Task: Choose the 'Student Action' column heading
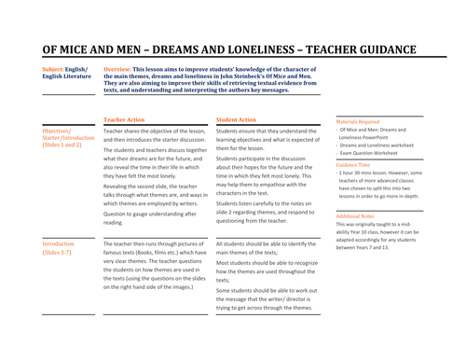point(236,120)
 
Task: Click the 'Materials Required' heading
point(358,121)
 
